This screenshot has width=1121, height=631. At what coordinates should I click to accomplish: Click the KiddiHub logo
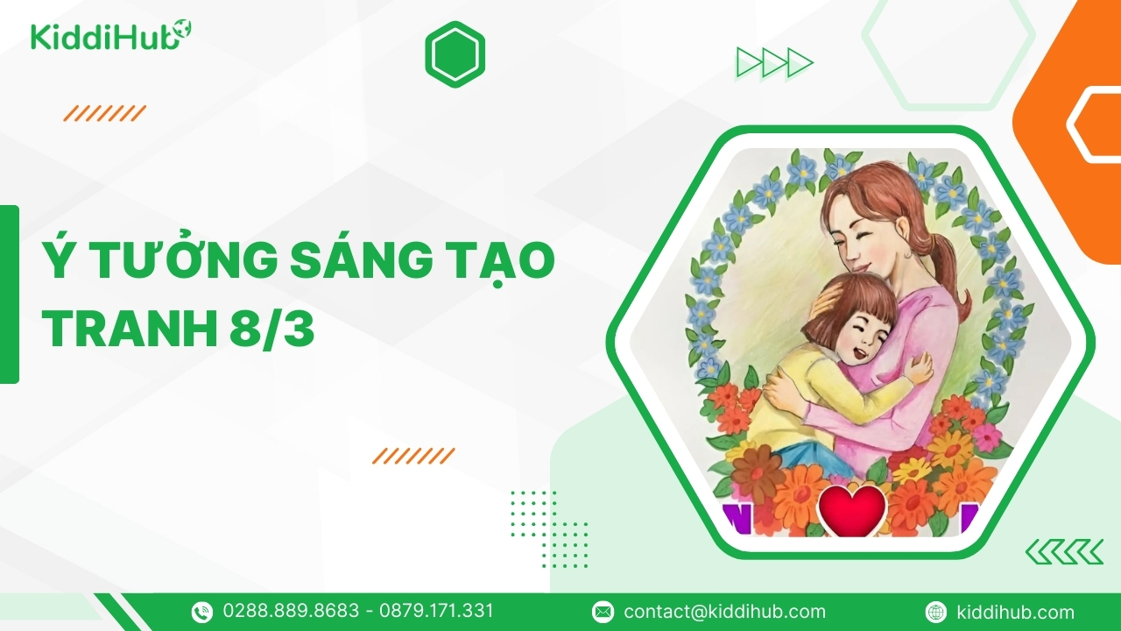(x=111, y=35)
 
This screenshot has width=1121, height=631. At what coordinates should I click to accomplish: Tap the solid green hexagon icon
(x=455, y=54)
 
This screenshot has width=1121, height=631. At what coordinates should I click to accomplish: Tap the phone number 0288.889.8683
(x=291, y=611)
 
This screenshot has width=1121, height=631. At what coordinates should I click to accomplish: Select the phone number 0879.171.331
(x=436, y=611)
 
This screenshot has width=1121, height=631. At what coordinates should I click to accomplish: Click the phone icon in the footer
(x=202, y=612)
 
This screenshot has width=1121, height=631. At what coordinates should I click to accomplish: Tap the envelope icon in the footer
(x=603, y=612)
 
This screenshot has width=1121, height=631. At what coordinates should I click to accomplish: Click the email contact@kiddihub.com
(x=724, y=612)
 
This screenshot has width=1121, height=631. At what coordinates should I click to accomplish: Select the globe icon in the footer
(x=935, y=612)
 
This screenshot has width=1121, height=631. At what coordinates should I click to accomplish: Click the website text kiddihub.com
(x=1015, y=612)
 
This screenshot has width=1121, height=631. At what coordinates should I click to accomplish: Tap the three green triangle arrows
(x=775, y=62)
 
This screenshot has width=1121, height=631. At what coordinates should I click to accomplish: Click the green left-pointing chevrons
(x=1064, y=552)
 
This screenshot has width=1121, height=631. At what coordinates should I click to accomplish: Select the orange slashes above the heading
(x=104, y=113)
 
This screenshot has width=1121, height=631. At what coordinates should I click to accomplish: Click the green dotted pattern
(x=549, y=528)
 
